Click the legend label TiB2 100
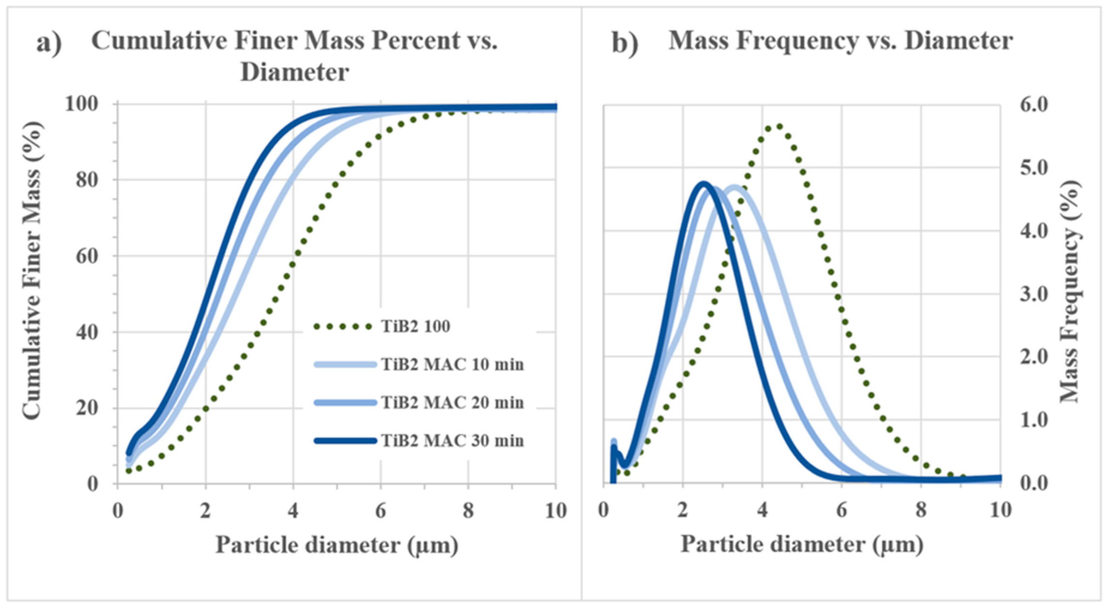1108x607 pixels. (415, 327)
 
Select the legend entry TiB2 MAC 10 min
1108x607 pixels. (452, 364)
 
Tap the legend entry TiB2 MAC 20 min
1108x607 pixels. (452, 403)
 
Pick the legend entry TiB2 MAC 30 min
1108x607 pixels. (452, 441)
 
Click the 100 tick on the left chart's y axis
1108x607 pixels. (81, 104)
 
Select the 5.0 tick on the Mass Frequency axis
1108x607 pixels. (1033, 168)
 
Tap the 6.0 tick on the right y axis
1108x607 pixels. (1033, 105)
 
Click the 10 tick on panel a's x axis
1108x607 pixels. (555, 511)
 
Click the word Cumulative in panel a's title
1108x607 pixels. (159, 41)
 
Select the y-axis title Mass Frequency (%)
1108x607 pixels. (1070, 290)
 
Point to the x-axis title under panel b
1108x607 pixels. (801, 544)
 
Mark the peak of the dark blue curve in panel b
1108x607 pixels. (705, 183)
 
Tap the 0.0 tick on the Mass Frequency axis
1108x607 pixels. (1033, 483)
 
